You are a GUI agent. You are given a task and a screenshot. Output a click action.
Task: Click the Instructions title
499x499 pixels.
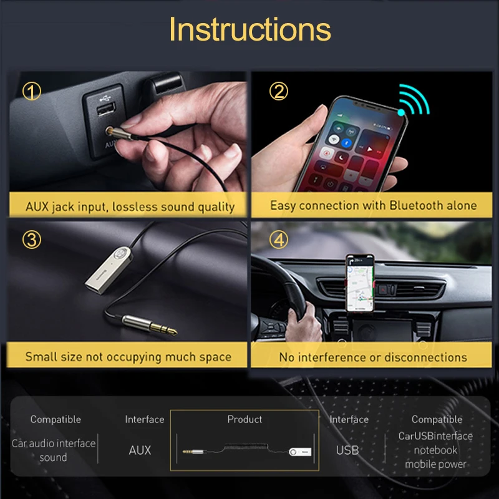coord(249,29)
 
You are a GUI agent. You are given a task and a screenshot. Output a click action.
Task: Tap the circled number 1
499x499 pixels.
coord(32,92)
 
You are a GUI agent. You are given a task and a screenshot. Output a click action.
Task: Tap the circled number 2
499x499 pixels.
coord(278,92)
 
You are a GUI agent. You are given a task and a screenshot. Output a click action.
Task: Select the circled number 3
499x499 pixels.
coord(32,240)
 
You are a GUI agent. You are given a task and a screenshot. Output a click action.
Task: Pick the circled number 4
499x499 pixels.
coord(278,240)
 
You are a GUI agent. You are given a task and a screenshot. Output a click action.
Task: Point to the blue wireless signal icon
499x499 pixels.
coord(415,102)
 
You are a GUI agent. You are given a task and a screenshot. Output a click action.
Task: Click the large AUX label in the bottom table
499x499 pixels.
coord(140,450)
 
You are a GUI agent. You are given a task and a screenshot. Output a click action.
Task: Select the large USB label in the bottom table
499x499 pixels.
coord(347,450)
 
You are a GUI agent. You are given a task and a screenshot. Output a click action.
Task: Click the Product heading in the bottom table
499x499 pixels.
coord(245,419)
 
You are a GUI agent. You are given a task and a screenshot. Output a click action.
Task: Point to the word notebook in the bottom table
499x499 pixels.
coord(435,450)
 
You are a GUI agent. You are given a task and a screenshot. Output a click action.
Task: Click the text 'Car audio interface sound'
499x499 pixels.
coord(54,450)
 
